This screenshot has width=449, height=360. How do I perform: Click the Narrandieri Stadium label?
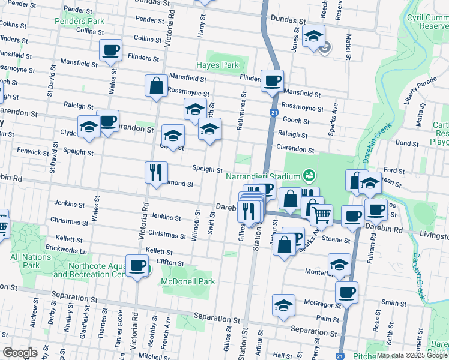pyautogui.click(x=262, y=176)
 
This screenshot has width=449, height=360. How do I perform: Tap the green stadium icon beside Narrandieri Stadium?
pyautogui.click(x=309, y=175)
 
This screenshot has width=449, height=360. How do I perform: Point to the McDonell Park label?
pyautogui.click(x=188, y=281)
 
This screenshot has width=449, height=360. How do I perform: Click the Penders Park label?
pyautogui.click(x=79, y=21)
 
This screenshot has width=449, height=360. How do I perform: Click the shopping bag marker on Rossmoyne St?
pyautogui.click(x=156, y=85)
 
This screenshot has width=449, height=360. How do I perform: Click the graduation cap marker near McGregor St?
pyautogui.click(x=283, y=304)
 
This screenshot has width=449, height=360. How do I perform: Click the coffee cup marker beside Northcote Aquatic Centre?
pyautogui.click(x=137, y=265)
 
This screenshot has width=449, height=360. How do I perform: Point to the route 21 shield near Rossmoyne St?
pyautogui.click(x=273, y=113)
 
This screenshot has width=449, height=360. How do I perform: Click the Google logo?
pyautogui.click(x=19, y=353)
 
